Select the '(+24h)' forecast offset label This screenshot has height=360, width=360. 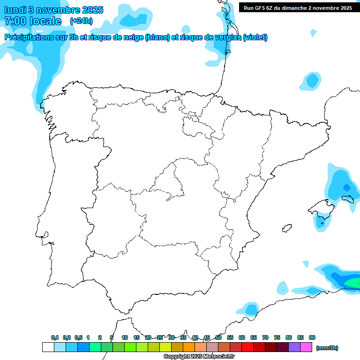coord(81,21)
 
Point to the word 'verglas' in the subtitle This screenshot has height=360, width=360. coord(228,37)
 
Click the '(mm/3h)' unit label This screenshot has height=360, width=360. coord(327,348)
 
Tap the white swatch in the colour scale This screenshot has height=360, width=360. coord(48,347)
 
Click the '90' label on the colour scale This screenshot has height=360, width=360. coord(312,337)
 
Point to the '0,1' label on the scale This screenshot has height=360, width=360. coord(55,337)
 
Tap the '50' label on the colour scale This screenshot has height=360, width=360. coord(218,337)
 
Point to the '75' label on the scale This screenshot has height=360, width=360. coord(277,337)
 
